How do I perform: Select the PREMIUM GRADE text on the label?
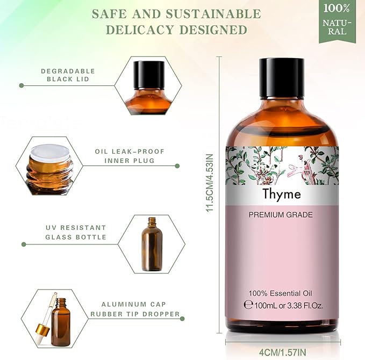281,215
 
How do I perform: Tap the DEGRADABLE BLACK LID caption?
68,75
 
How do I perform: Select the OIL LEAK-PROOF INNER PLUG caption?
124,156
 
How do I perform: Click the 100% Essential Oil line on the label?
280,293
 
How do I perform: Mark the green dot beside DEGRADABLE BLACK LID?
22,85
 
